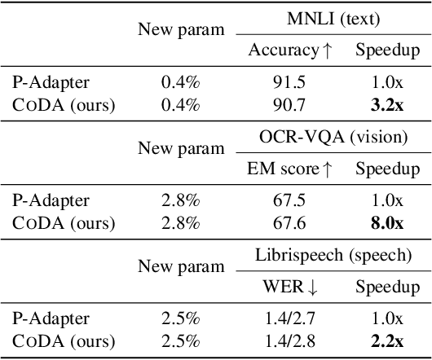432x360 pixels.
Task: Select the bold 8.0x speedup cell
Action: click(388, 222)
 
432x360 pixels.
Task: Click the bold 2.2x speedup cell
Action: click(388, 341)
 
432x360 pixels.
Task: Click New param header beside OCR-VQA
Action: click(180, 149)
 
